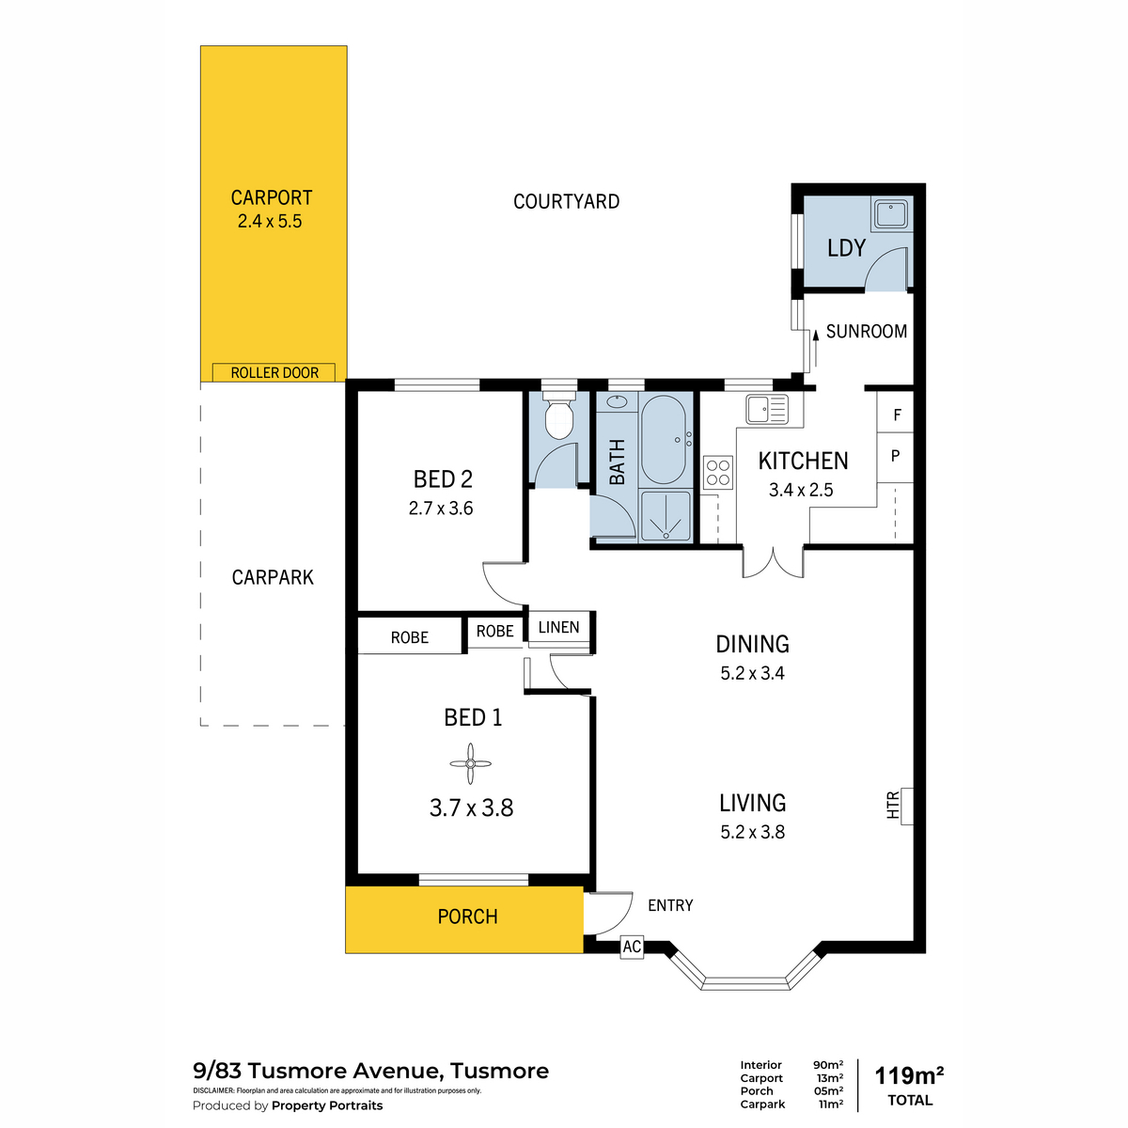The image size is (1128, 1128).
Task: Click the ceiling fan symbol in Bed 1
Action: tap(470, 763)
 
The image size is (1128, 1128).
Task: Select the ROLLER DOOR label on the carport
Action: tap(274, 373)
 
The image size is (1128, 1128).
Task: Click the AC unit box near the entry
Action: tap(632, 947)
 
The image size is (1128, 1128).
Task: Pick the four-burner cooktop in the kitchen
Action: tap(717, 473)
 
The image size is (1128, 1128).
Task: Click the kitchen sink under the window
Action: tap(767, 409)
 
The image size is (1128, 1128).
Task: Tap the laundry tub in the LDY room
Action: tap(891, 213)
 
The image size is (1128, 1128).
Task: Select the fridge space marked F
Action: tap(896, 414)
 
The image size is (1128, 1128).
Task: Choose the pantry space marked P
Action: tap(896, 457)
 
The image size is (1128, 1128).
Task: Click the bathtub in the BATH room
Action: tap(664, 440)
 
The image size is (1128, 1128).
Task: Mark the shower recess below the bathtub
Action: tap(666, 516)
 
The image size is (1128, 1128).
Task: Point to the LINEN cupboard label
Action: tap(559, 628)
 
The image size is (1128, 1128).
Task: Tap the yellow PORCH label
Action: tap(468, 916)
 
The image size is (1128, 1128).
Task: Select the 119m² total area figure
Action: tap(908, 1075)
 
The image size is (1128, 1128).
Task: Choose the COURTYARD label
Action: tap(566, 201)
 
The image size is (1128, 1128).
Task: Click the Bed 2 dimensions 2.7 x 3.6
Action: tap(441, 509)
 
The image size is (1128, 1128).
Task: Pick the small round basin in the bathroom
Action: tap(616, 402)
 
